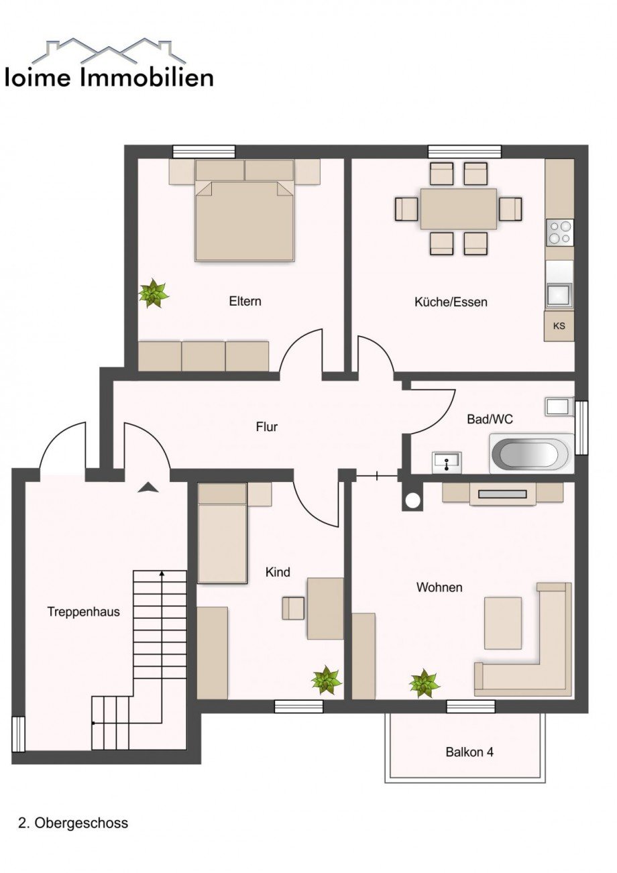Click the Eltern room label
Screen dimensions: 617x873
pos(245,301)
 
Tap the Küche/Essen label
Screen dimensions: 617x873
pos(451,302)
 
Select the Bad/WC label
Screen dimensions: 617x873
pos(490,419)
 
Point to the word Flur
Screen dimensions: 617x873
pos(267,426)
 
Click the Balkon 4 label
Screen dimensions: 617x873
pos(469,752)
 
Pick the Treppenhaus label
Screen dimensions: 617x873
pos(83,612)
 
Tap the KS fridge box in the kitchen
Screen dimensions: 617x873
pos(559,327)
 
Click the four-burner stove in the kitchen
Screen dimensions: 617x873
pos(560,233)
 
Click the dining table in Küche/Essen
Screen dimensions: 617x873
pos(458,209)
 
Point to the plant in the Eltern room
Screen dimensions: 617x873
pos(154,293)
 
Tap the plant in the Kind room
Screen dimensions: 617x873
pos(327,679)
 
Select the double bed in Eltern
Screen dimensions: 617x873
pos(244,221)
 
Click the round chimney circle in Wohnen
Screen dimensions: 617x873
pos(412,501)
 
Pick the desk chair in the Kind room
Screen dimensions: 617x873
pos(293,607)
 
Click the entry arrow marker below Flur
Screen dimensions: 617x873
pos(148,487)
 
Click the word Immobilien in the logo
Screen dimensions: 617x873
pos(147,78)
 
